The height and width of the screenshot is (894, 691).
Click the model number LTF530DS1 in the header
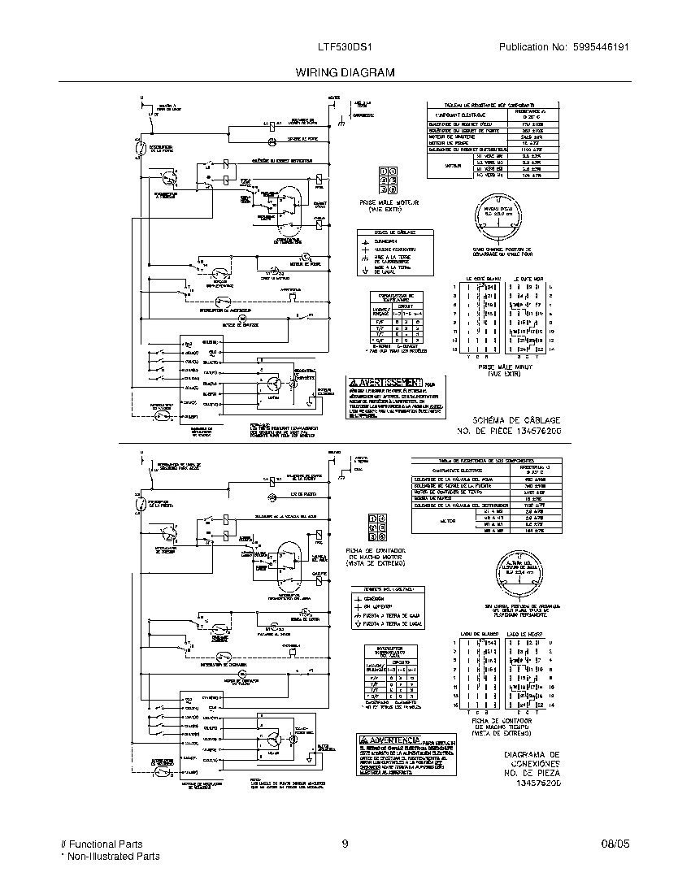(345, 48)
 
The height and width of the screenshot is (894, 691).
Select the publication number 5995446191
(598, 48)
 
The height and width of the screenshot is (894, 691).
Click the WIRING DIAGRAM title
(345, 72)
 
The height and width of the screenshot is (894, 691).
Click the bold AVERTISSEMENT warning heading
(386, 382)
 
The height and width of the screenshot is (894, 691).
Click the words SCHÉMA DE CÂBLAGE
(510, 418)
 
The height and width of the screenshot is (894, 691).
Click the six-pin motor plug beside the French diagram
(388, 180)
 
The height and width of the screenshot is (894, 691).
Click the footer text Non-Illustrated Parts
(113, 856)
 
